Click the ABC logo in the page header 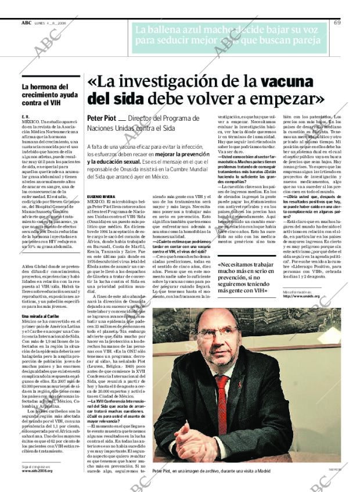click(26, 23)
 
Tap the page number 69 click(337, 23)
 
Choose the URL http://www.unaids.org click(301, 296)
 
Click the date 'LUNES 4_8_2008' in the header click(52, 23)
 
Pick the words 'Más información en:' click(296, 290)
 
